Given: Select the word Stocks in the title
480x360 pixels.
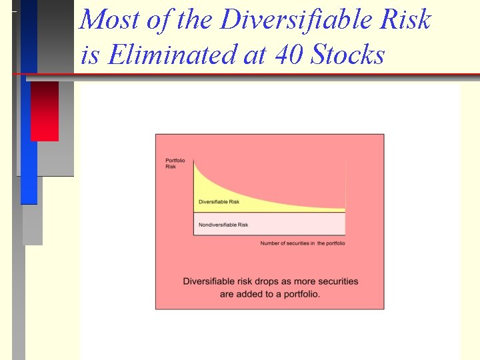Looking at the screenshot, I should point(347,54).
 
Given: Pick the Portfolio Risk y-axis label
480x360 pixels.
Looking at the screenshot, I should point(175,163).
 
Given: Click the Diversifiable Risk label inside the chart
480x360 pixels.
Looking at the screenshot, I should point(219,202).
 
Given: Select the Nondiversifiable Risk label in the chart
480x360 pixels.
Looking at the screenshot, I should point(223,225).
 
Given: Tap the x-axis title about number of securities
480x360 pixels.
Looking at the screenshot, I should point(303,243).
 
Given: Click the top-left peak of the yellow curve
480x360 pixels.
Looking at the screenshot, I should point(195,162).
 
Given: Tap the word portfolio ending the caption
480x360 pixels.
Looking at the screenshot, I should point(301,294).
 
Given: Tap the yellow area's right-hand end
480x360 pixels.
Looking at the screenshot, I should point(343,207).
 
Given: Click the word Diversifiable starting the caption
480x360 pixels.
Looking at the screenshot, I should point(211,281).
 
